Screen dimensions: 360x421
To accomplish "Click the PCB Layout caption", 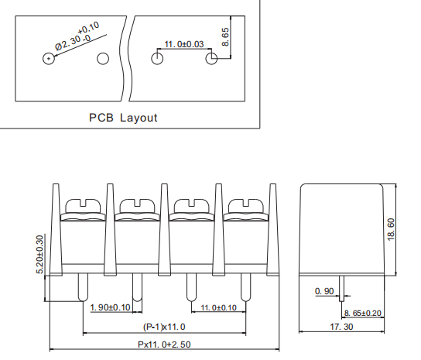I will point(123,118).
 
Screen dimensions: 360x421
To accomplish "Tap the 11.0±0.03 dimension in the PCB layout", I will point(183,44).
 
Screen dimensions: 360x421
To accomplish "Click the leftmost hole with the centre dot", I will point(50,59).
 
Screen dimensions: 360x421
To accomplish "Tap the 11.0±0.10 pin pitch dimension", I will point(218,307).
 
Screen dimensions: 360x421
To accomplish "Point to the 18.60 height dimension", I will point(402,228).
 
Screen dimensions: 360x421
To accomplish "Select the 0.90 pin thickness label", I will point(325,291).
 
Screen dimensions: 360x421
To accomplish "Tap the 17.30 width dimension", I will point(342,327).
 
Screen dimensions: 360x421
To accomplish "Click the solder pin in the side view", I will point(344,289).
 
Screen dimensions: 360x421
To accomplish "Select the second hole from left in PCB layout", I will point(103,59).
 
